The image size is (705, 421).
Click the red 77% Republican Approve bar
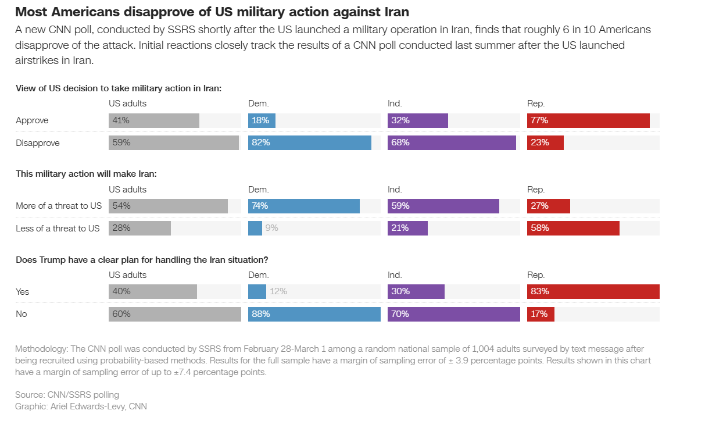[x=588, y=120]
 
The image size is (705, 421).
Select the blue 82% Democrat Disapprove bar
[x=309, y=142]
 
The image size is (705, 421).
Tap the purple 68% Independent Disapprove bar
[x=452, y=142]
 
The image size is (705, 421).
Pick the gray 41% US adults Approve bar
[x=154, y=120]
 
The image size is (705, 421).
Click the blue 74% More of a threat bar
[x=303, y=206]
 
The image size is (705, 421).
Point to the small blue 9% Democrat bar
[x=255, y=228]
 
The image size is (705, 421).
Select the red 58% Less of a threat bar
[x=573, y=228]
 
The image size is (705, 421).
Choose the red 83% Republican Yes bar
[x=593, y=291]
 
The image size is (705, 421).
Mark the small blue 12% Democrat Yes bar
[x=257, y=291]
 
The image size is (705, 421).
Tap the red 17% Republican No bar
[x=541, y=314]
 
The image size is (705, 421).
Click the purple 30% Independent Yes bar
[x=416, y=291]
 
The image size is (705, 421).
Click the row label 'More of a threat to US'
[x=59, y=206]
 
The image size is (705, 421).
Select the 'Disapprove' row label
[x=38, y=142]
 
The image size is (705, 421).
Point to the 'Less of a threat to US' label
[x=58, y=228]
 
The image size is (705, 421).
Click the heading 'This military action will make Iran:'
[x=86, y=174]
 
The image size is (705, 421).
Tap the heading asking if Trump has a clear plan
[x=142, y=259]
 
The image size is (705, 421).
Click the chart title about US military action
[x=212, y=12]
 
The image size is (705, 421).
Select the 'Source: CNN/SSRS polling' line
[x=67, y=394]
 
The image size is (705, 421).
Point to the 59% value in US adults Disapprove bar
[x=121, y=142]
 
